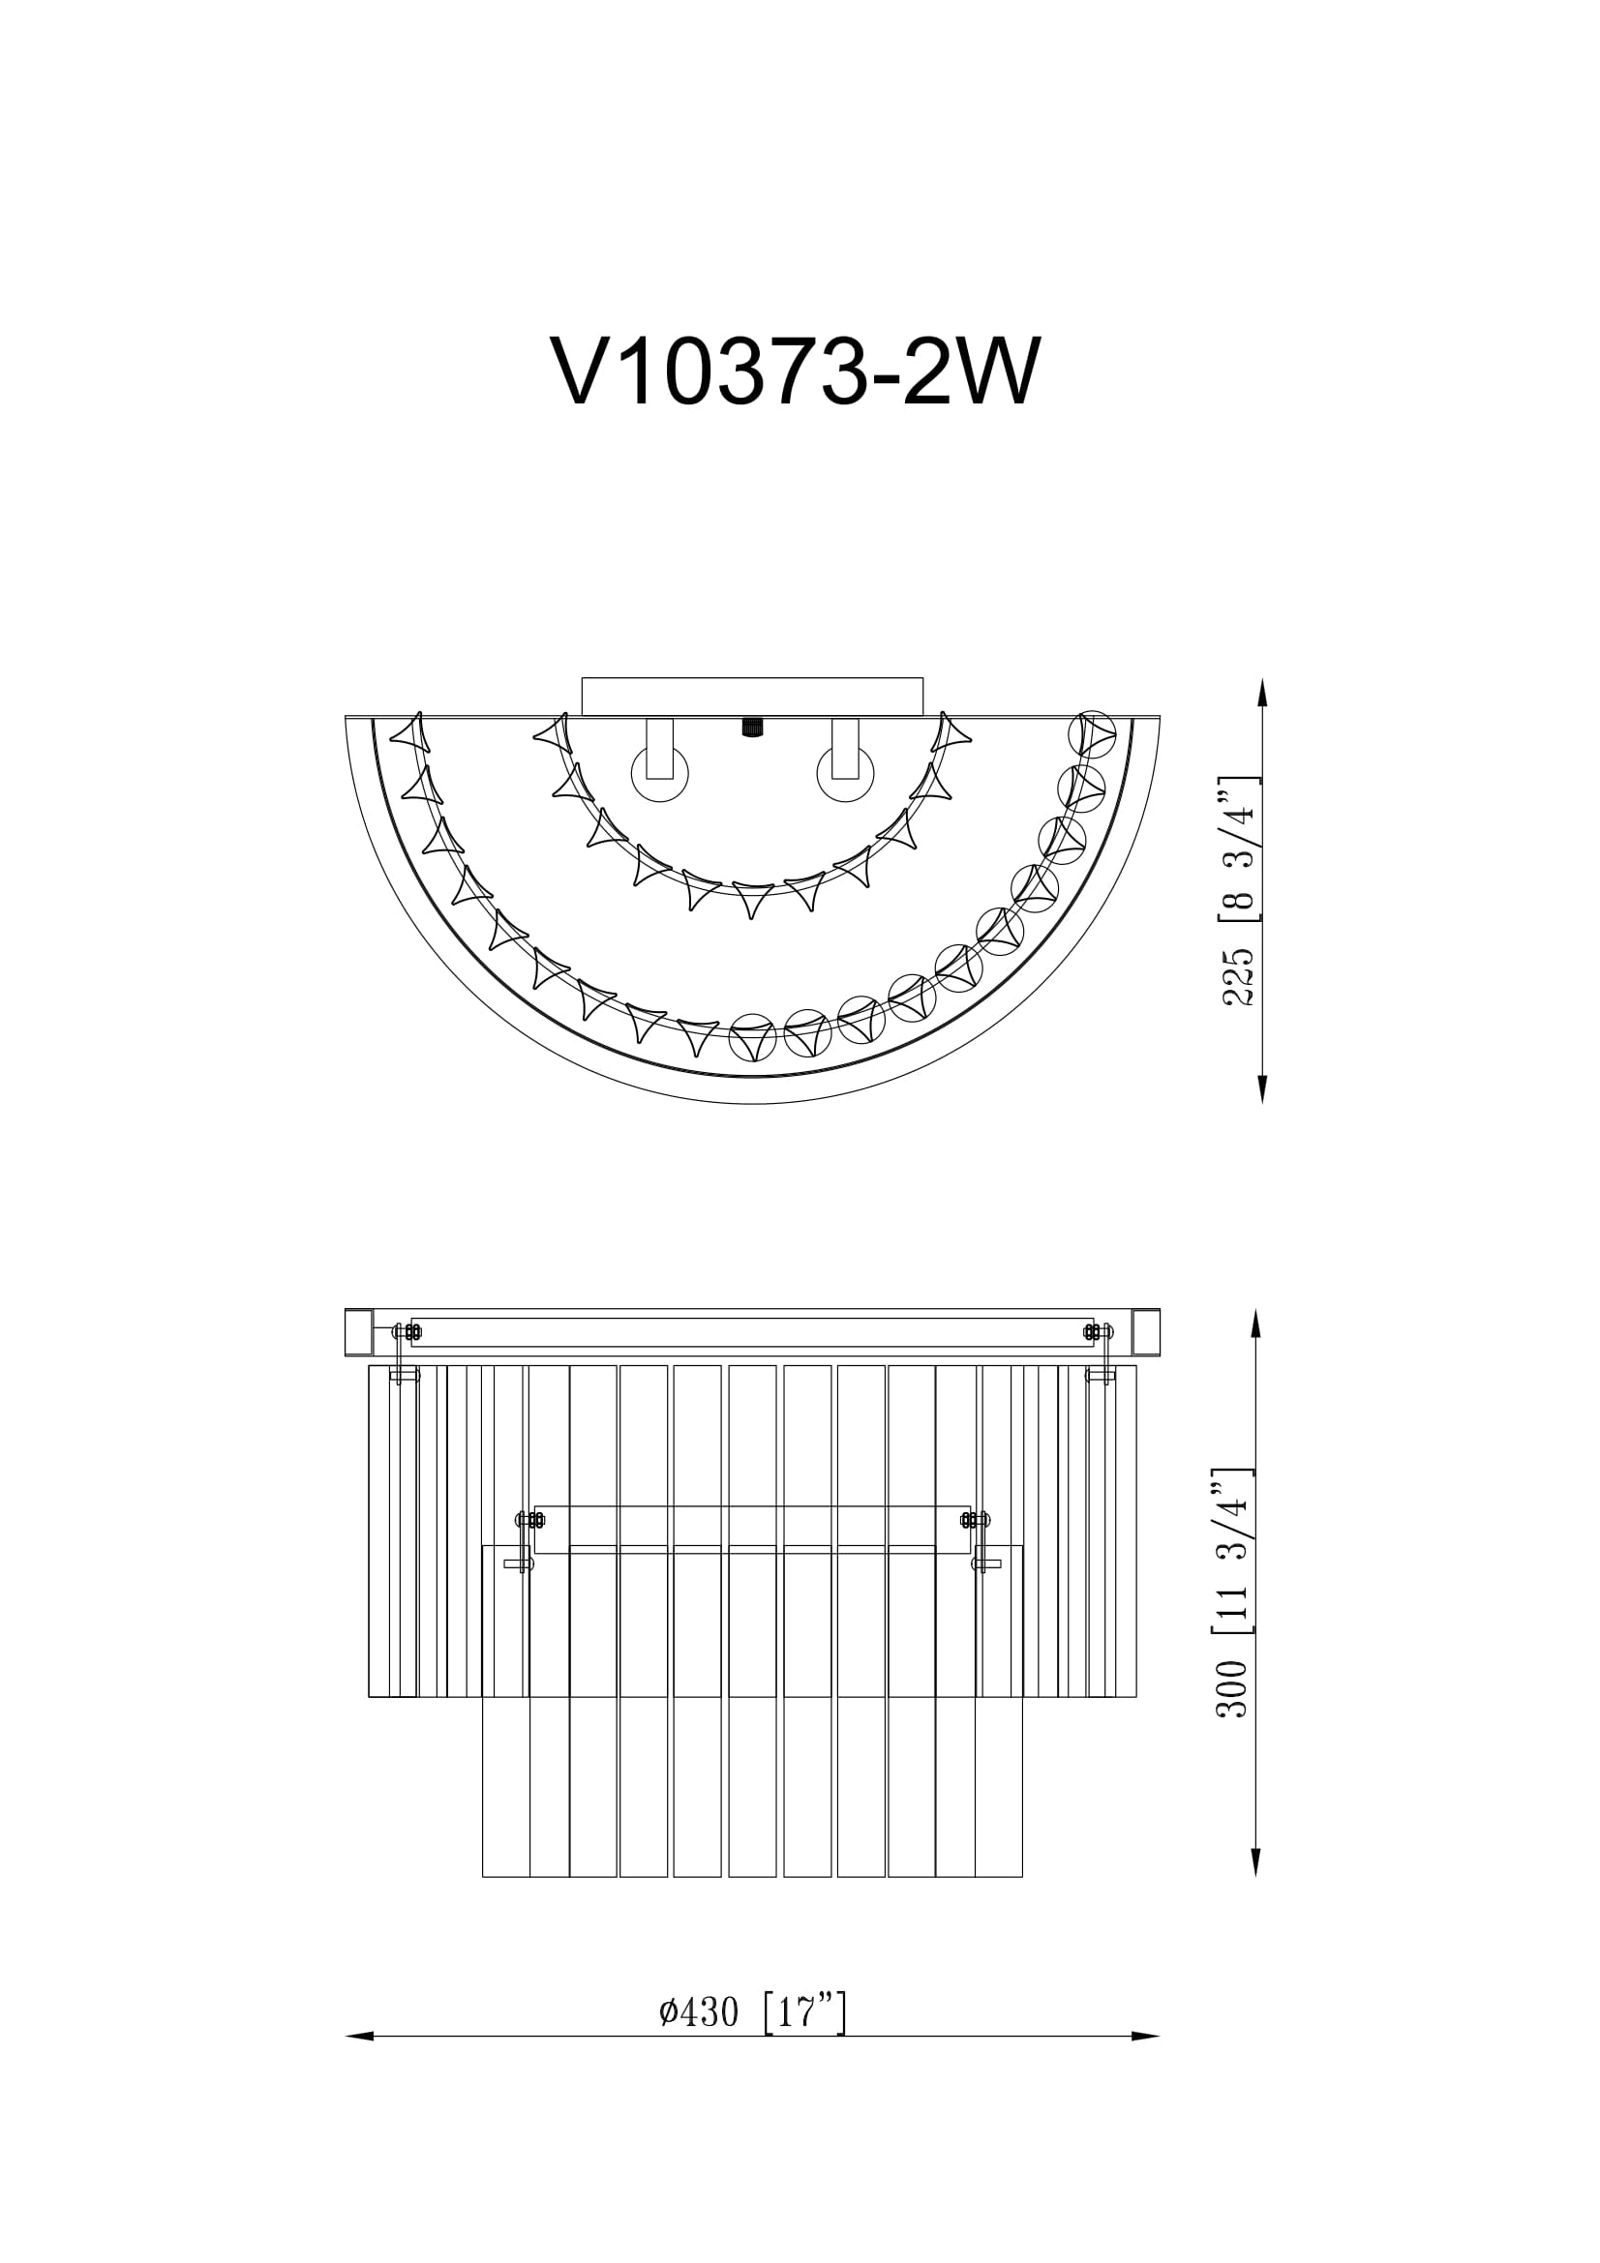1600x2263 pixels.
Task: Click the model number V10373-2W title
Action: tap(795, 372)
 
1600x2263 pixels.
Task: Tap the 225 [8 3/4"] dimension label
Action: tap(1238, 891)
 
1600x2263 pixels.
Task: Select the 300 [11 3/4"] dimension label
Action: tap(1233, 1607)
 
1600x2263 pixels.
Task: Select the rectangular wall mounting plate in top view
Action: tap(752, 696)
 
